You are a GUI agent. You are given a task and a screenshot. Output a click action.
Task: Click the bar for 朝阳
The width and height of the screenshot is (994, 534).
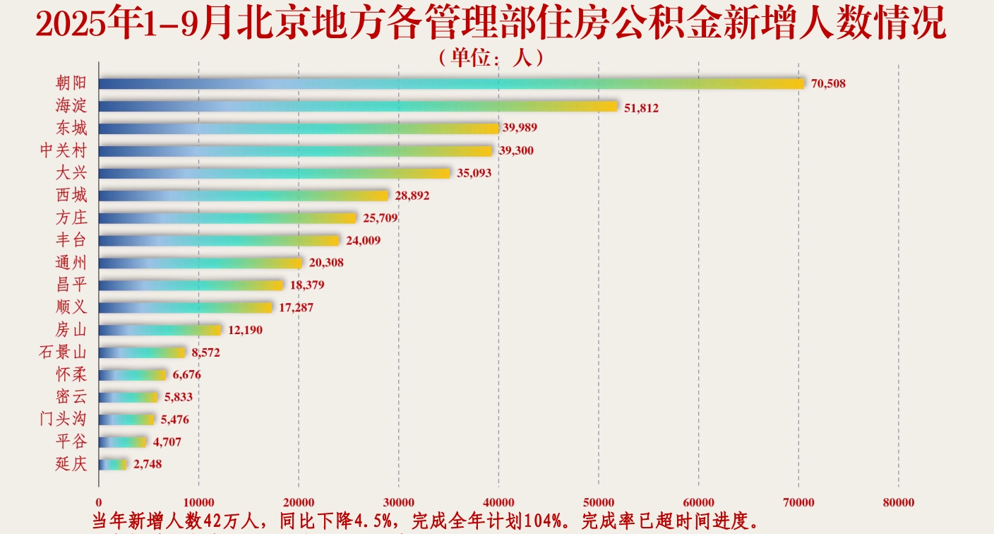click(452, 83)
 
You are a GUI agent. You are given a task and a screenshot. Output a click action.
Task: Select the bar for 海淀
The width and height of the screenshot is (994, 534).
click(359, 106)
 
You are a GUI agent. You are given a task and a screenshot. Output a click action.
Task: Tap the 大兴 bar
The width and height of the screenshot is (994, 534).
click(274, 173)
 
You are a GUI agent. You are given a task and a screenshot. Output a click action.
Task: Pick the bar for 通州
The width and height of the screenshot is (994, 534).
click(200, 263)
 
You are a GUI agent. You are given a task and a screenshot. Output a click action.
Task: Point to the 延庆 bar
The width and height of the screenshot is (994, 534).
click(113, 465)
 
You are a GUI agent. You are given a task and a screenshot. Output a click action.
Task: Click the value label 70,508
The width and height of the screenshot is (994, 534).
click(828, 84)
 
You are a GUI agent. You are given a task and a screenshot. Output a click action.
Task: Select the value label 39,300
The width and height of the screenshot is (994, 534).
click(517, 150)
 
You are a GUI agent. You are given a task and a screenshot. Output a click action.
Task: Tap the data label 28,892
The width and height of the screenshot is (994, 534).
click(412, 196)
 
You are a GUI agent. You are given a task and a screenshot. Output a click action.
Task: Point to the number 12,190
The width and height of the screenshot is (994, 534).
click(245, 330)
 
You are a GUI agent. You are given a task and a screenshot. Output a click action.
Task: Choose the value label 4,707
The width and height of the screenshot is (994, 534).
click(167, 442)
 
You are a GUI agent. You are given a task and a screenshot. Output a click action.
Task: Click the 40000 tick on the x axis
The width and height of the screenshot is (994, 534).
click(498, 502)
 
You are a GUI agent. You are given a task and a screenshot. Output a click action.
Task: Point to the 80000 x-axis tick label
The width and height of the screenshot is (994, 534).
click(898, 502)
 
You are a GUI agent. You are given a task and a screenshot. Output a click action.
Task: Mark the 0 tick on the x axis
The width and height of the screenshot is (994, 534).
click(99, 502)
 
